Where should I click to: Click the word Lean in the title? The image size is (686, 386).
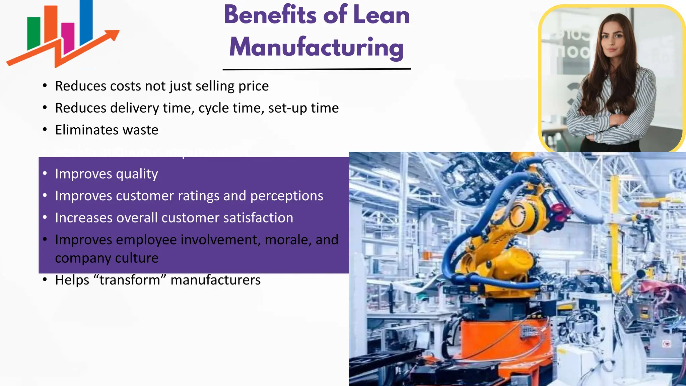[381, 15]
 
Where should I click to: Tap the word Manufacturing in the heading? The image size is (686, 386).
[317, 47]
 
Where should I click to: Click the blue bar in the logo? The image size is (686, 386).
[86, 22]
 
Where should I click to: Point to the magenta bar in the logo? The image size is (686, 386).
[68, 37]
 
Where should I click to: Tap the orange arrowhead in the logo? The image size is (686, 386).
[112, 34]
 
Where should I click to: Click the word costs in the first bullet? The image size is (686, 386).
[125, 86]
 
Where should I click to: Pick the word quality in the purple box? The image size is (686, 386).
[136, 174]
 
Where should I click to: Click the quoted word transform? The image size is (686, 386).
[129, 280]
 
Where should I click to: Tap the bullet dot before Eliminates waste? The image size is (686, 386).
[45, 130]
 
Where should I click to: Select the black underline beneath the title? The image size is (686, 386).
[317, 69]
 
